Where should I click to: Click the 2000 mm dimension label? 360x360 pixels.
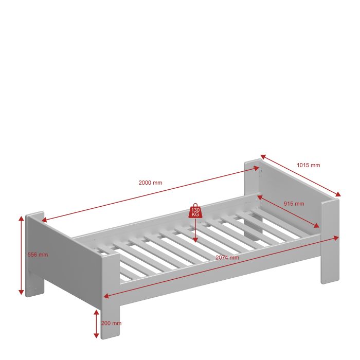click(x=150, y=183)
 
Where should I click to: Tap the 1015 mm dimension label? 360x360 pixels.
click(x=309, y=165)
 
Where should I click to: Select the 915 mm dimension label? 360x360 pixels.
click(x=294, y=204)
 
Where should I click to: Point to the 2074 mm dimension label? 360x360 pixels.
click(x=227, y=258)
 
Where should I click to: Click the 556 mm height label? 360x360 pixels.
click(x=38, y=255)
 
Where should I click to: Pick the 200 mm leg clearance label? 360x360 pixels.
click(x=112, y=323)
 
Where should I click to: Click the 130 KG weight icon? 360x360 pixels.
click(x=195, y=211)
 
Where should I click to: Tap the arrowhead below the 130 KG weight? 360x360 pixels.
click(x=195, y=240)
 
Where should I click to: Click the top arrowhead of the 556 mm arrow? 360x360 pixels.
click(x=21, y=219)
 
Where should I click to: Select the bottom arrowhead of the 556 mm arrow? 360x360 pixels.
click(x=21, y=292)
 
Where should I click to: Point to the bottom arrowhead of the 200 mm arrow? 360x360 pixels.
click(x=97, y=335)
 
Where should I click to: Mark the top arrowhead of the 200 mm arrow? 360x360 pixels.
click(x=97, y=313)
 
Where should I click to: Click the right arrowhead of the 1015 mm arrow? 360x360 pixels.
click(x=338, y=194)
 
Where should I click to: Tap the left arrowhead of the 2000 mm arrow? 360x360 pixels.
click(x=44, y=220)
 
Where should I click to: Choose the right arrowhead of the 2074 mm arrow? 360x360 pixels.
click(x=336, y=238)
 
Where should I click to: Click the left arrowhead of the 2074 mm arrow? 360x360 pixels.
click(x=106, y=296)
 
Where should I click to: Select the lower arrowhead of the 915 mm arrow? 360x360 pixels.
click(x=316, y=225)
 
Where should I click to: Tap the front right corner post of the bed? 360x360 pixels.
click(x=330, y=241)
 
